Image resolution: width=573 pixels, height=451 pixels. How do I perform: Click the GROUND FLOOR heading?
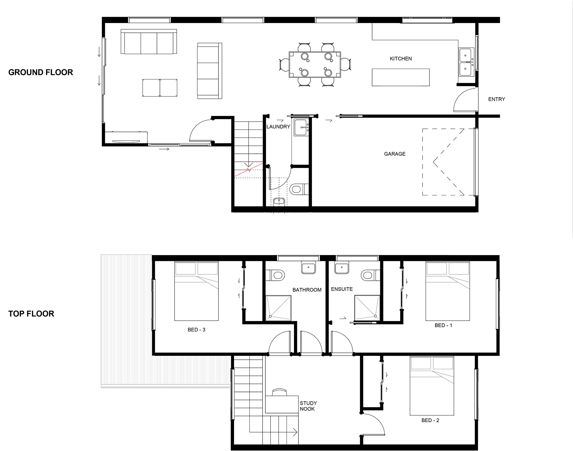41,72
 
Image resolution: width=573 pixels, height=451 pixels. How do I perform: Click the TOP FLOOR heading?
31,314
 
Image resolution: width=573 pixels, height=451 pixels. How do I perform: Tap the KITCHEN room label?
401,59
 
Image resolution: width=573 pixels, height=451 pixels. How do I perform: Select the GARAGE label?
395,154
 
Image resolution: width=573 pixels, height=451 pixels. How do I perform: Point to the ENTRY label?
497,99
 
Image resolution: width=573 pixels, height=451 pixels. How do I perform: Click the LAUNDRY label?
278,127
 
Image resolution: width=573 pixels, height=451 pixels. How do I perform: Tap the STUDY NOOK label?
308,406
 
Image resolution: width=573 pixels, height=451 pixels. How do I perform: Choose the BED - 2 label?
430,420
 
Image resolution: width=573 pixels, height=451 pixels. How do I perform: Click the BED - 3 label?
196,330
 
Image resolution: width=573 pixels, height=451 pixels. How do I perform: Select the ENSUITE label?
342,289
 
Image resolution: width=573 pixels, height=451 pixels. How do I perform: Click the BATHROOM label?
307,290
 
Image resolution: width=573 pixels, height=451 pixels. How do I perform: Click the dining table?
315,65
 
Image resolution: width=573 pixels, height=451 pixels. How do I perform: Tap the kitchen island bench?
401,78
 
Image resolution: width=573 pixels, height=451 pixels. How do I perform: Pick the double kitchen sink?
465,62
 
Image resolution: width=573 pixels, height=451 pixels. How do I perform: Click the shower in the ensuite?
367,308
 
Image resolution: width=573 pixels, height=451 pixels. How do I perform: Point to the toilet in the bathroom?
275,275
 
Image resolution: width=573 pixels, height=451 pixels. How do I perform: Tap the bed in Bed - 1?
448,291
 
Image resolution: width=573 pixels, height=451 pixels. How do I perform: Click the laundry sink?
301,127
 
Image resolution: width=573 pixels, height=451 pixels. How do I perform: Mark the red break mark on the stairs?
249,170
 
